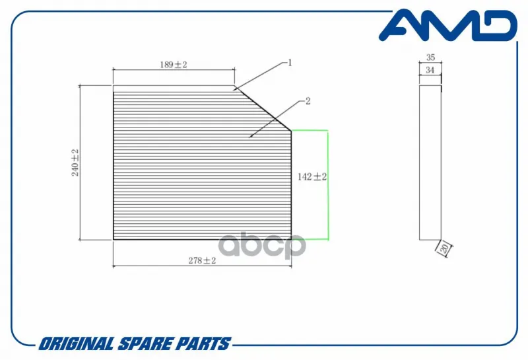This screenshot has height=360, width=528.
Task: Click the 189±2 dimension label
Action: [x=174, y=64]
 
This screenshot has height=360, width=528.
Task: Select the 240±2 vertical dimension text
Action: [x=75, y=162]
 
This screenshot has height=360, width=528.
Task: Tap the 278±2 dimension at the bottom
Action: [x=202, y=260]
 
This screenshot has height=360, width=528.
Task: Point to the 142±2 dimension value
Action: [x=312, y=176]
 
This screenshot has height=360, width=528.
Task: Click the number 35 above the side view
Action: [x=430, y=57]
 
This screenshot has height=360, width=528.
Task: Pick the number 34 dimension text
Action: [x=430, y=70]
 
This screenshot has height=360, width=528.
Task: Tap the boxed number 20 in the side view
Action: [x=444, y=249]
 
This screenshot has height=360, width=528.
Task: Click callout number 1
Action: [x=290, y=63]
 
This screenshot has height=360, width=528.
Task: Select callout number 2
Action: [x=308, y=101]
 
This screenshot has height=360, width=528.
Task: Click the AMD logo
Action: [x=448, y=26]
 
